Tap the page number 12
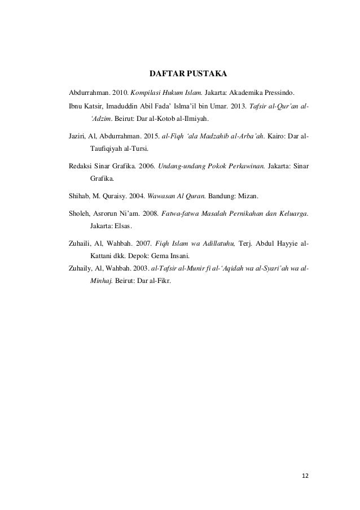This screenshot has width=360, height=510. [305, 476]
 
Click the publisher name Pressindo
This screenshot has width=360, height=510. [279, 91]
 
